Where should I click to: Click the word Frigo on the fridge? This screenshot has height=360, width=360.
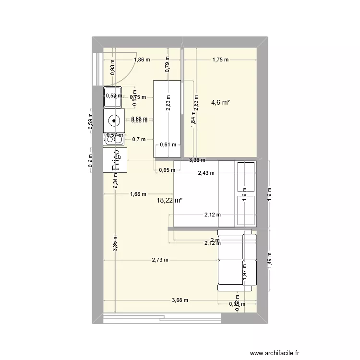[x=115, y=161]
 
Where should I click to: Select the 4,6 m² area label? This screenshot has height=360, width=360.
[x=221, y=102]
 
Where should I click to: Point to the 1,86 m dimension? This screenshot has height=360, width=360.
[x=142, y=60]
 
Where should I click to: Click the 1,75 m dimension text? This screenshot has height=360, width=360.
[x=220, y=60]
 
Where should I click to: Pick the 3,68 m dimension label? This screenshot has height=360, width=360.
[x=180, y=300]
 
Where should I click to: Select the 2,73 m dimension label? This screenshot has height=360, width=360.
[x=160, y=260]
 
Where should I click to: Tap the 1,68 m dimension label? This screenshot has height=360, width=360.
[x=138, y=194]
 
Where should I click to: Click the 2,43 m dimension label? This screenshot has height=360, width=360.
[x=206, y=174]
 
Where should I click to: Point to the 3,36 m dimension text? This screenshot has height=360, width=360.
[x=197, y=160]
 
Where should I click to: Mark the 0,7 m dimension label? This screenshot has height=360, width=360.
[x=138, y=140]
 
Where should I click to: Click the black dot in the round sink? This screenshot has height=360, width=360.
[x=115, y=120]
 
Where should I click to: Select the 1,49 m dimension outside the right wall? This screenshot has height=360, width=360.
[x=270, y=261]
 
